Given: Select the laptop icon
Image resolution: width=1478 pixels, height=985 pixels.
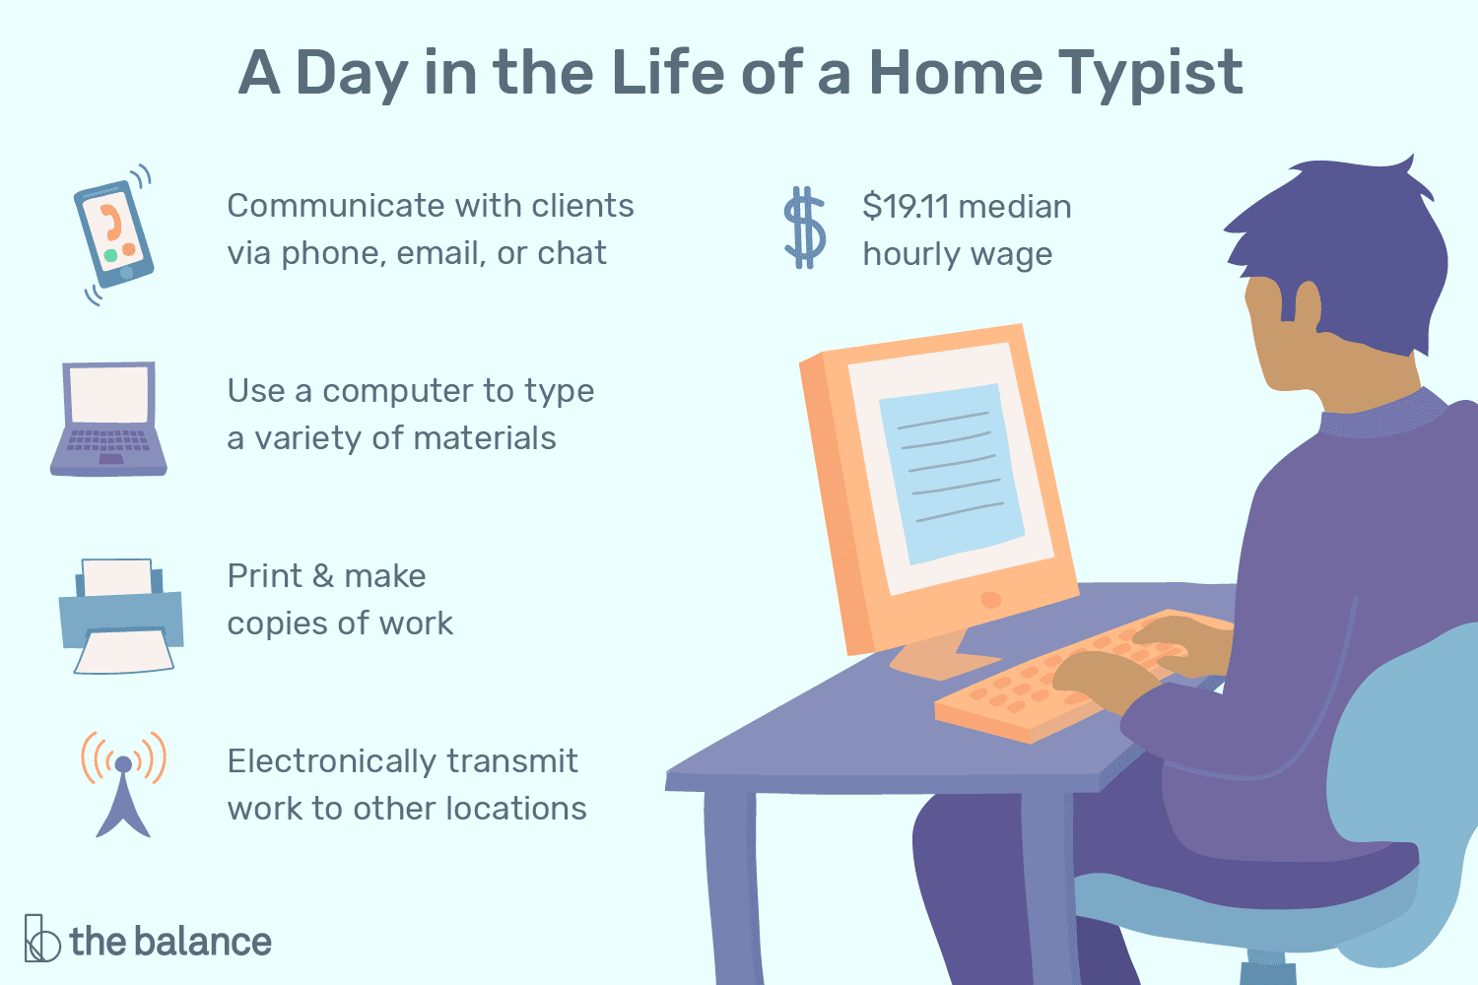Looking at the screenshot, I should [x=109, y=420].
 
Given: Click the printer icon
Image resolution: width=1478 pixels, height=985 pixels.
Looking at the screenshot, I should [x=121, y=617].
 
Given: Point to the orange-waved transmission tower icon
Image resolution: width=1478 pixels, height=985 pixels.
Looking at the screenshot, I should [x=123, y=783].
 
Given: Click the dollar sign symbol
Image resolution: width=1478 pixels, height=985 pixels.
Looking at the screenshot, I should [x=804, y=229].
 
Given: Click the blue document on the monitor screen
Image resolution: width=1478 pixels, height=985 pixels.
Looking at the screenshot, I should [x=951, y=473].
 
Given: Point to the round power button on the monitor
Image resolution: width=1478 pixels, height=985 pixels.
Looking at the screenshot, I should [x=991, y=599].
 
